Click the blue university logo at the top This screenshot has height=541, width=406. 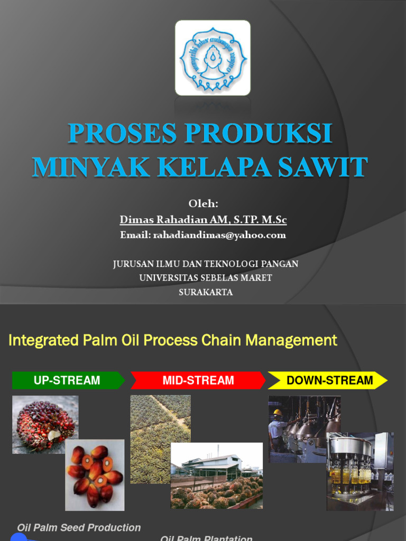(x=213, y=58)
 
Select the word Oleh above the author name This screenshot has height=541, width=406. (x=203, y=204)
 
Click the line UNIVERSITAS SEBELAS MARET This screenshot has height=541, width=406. (x=206, y=278)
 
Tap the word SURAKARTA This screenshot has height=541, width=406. (x=206, y=292)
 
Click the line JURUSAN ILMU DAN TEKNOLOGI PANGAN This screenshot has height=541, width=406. (x=206, y=264)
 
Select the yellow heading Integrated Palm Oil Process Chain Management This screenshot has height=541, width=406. (x=173, y=340)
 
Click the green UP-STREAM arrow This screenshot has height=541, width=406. (x=68, y=380)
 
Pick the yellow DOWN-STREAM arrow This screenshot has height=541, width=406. (x=328, y=380)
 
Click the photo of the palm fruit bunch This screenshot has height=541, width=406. (x=45, y=424)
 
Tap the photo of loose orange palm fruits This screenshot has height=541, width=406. (x=95, y=474)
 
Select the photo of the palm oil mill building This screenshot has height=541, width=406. (x=217, y=475)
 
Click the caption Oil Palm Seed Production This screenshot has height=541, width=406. (x=79, y=528)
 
